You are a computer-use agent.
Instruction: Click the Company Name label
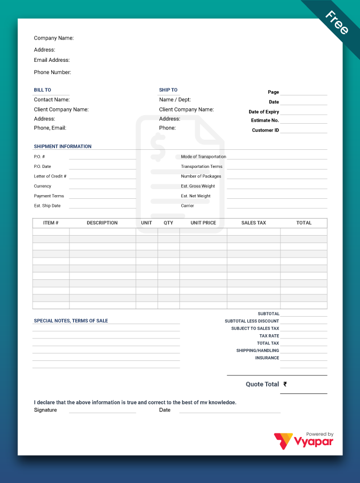(53, 38)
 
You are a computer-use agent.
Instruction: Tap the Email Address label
(52, 60)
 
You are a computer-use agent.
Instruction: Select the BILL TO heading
(43, 90)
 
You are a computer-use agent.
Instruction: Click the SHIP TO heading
(168, 90)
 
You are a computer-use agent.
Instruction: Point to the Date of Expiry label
(263, 112)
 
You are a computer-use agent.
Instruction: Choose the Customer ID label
(265, 130)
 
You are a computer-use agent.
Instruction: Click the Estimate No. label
(265, 120)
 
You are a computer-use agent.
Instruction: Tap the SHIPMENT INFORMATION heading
(62, 147)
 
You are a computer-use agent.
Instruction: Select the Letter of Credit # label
(50, 176)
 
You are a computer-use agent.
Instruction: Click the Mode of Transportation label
(203, 157)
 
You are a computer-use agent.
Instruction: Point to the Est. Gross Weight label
(198, 186)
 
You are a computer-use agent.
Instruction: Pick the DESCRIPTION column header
(102, 223)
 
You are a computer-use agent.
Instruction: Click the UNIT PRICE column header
(203, 223)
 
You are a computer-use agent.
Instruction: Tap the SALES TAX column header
(253, 223)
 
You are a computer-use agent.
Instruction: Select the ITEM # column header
(51, 223)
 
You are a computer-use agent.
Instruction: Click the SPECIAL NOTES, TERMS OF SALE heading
(71, 321)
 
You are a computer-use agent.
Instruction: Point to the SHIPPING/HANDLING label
(258, 351)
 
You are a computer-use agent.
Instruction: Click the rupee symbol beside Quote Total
(285, 384)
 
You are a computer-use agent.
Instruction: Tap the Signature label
(45, 410)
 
